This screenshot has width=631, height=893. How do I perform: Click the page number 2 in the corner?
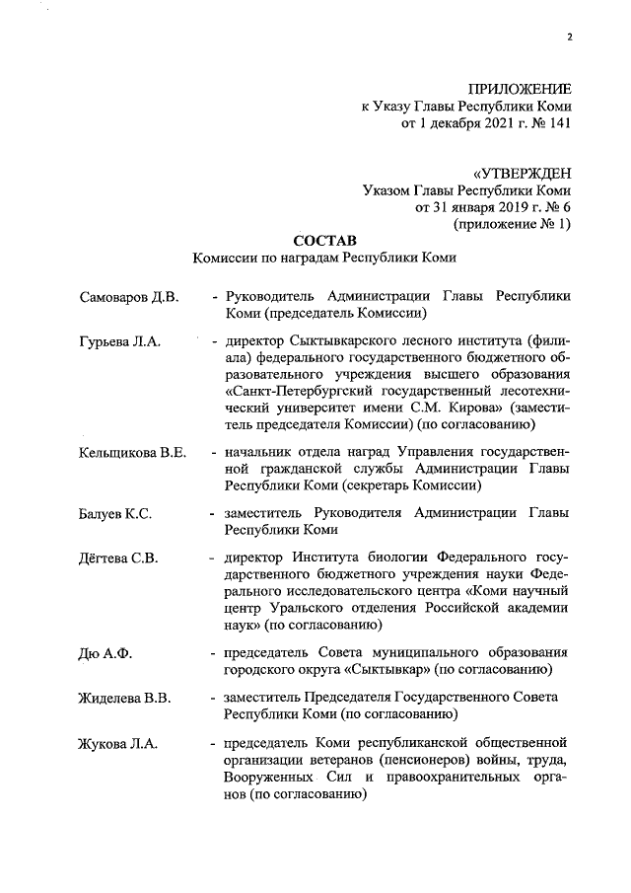pos(570,38)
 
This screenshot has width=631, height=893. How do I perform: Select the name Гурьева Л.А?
pos(118,341)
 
